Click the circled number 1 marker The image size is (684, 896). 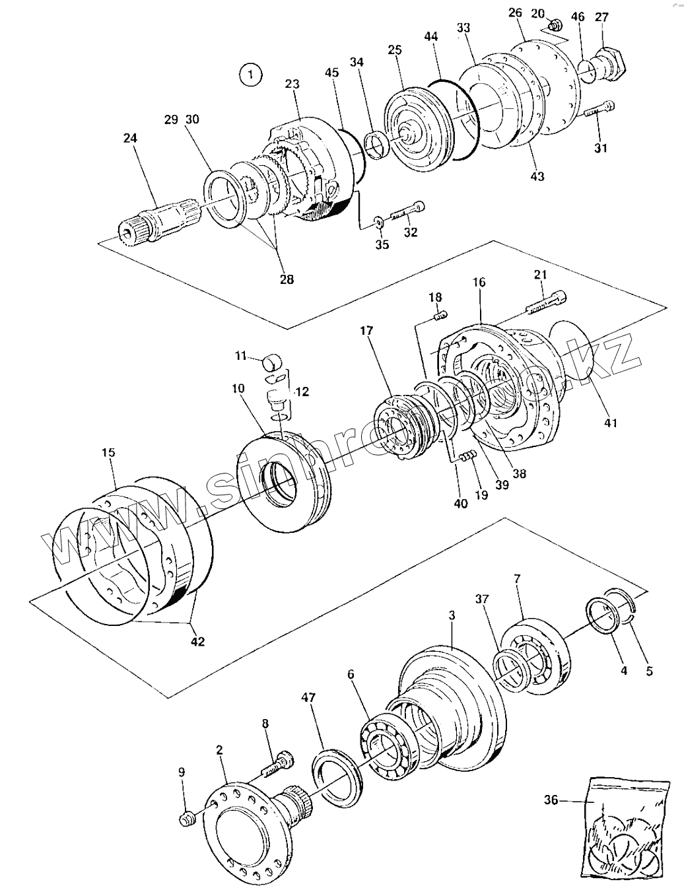point(250,75)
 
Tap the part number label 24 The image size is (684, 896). point(130,139)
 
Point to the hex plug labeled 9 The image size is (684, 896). point(187,819)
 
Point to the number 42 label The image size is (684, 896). point(197,640)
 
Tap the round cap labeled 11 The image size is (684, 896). point(273,362)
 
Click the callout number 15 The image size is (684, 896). point(108,452)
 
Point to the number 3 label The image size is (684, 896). point(452,615)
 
